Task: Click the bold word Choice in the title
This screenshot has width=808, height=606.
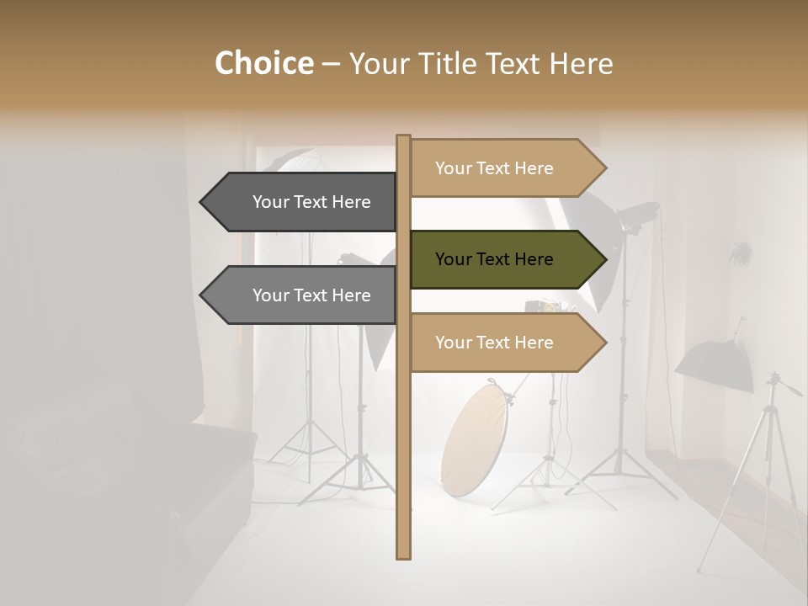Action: click(263, 63)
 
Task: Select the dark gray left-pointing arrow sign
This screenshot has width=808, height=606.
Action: click(303, 202)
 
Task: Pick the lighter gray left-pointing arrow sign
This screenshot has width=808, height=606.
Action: click(303, 295)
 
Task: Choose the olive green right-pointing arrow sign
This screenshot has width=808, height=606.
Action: click(505, 259)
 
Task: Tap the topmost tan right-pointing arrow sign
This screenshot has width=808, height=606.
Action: click(505, 168)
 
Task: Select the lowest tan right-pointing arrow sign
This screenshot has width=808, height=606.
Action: click(505, 343)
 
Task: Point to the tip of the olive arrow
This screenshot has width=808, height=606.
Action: click(605, 259)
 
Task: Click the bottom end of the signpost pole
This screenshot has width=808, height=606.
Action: click(403, 555)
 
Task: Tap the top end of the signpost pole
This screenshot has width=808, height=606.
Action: click(403, 137)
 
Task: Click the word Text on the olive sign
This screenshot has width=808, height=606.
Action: click(494, 259)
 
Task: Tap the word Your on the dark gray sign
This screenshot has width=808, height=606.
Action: click(271, 202)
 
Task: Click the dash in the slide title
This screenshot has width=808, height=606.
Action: click(331, 64)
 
